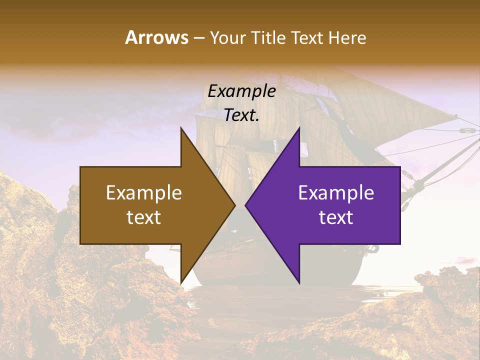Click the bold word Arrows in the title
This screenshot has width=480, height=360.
156,38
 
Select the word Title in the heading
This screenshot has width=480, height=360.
271,38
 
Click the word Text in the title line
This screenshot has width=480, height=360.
308,38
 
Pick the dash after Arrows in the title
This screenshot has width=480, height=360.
198,39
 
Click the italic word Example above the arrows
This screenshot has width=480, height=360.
241,91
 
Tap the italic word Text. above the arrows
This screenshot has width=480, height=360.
241,115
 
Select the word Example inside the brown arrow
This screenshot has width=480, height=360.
143,193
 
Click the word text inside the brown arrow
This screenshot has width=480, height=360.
143,217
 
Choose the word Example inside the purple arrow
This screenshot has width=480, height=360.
336,193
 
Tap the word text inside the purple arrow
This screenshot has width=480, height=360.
336,217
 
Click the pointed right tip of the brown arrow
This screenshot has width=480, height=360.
234,205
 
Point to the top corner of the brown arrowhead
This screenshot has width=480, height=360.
181,128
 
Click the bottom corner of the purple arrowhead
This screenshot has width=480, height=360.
299,283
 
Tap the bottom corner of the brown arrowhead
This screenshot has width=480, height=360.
181,283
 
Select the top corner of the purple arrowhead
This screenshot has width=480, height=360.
299,128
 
